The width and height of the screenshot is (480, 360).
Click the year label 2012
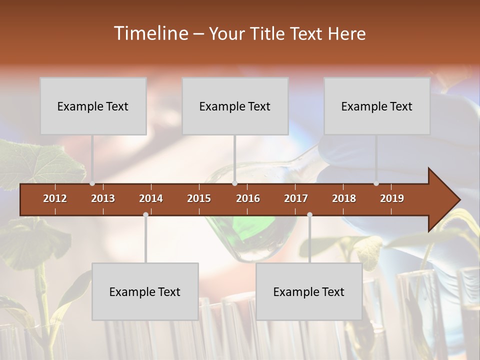point(55,198)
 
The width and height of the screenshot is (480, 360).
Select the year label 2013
point(103,198)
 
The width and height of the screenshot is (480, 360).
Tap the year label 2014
point(151,198)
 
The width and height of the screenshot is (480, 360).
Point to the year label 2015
point(199,198)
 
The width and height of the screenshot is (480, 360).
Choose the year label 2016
point(248,198)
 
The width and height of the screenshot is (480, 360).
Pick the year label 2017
point(296,198)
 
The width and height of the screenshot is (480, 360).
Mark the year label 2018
point(344,198)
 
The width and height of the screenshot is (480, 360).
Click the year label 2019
point(392,198)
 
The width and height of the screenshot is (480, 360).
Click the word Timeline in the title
point(150,33)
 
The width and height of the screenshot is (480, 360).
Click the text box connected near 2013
point(93,106)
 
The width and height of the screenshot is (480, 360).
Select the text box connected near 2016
point(235,106)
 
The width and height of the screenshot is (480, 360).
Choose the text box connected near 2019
point(377,106)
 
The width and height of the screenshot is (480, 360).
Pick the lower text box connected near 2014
point(145,291)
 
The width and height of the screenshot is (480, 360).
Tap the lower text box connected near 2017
point(309,291)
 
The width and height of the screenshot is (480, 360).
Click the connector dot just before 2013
point(92,183)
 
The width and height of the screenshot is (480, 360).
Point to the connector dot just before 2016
point(234,183)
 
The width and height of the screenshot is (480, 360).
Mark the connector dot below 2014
point(145,214)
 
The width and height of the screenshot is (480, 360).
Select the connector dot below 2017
point(309,214)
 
